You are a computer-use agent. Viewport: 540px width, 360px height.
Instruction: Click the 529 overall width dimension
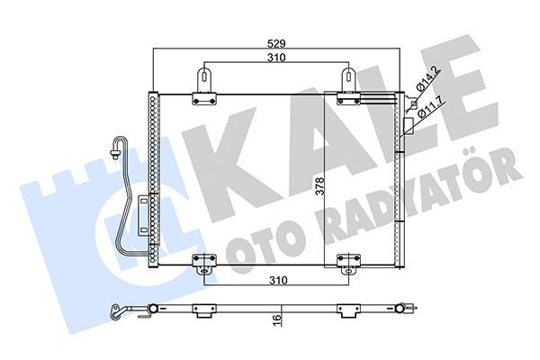276,42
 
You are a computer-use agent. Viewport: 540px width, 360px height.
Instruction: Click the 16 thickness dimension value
280,319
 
